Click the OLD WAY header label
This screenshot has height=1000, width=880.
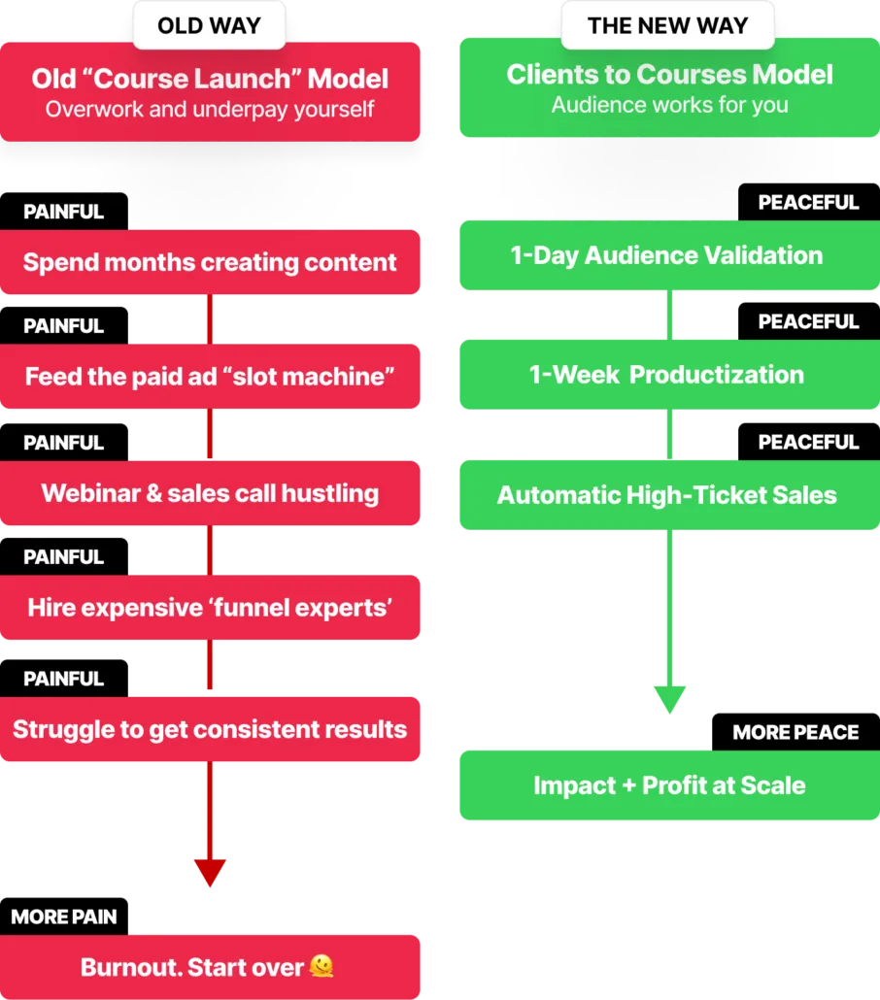[x=209, y=25]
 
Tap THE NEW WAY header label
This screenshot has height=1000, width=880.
[x=667, y=25]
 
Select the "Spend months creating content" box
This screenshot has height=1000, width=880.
[x=210, y=262]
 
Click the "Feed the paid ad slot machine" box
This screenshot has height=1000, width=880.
[x=210, y=377]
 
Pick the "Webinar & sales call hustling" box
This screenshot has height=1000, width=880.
[x=210, y=493]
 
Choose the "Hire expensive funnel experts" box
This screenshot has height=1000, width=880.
[x=210, y=607]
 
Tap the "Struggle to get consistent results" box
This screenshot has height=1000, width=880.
[x=210, y=729]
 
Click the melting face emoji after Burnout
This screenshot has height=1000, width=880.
[x=322, y=966]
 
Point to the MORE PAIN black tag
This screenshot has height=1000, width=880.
[x=64, y=917]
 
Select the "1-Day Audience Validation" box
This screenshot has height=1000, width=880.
[x=670, y=255]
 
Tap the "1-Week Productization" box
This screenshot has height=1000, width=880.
[x=670, y=375]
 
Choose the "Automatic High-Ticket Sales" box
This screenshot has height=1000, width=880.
[x=670, y=495]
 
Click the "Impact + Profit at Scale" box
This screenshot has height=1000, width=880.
[x=670, y=785]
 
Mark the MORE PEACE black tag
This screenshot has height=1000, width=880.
[x=795, y=732]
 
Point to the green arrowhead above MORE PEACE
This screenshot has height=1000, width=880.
[x=670, y=699]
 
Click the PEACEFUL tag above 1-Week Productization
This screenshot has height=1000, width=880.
[x=808, y=321]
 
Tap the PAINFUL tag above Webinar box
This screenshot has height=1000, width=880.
[x=64, y=443]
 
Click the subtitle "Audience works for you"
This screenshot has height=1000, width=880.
[x=670, y=105]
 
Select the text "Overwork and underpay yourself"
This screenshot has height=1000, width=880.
[x=210, y=109]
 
